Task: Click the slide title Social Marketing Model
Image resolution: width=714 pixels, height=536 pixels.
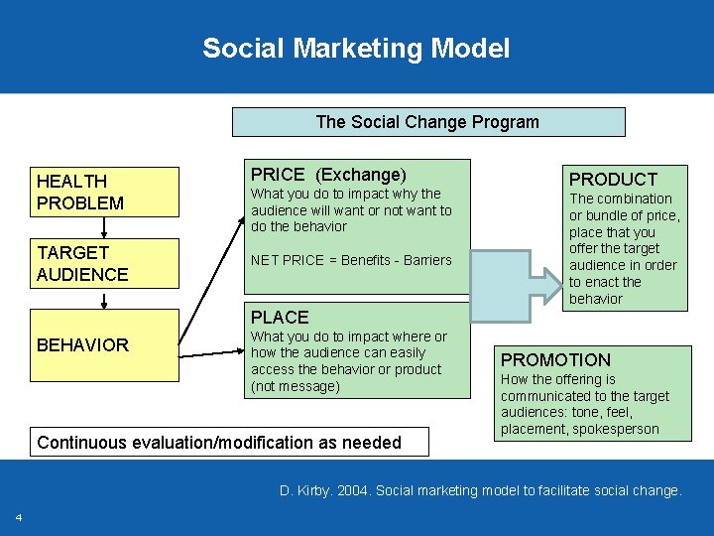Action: click(356, 48)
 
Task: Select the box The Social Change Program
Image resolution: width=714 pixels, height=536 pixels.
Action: click(427, 122)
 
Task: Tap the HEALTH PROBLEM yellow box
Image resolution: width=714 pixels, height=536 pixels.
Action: click(104, 192)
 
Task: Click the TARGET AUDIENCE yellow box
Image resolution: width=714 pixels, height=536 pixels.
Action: click(104, 263)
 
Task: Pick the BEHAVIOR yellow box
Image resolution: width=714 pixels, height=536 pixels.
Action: click(104, 345)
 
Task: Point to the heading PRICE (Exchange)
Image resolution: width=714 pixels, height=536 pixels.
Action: click(328, 175)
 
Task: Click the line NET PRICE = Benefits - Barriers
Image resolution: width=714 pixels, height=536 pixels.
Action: click(351, 260)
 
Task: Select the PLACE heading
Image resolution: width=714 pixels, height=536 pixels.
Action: click(280, 318)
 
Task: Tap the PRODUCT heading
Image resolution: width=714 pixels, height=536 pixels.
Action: click(613, 179)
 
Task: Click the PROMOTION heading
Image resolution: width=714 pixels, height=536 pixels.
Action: click(555, 359)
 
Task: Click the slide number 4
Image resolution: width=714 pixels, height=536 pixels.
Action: click(18, 518)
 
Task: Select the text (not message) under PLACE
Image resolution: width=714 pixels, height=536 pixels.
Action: click(295, 386)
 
